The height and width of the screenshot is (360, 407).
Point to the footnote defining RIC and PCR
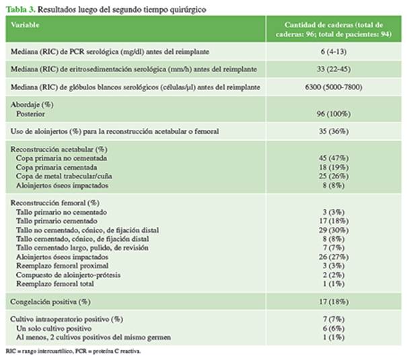pos(74,351)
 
